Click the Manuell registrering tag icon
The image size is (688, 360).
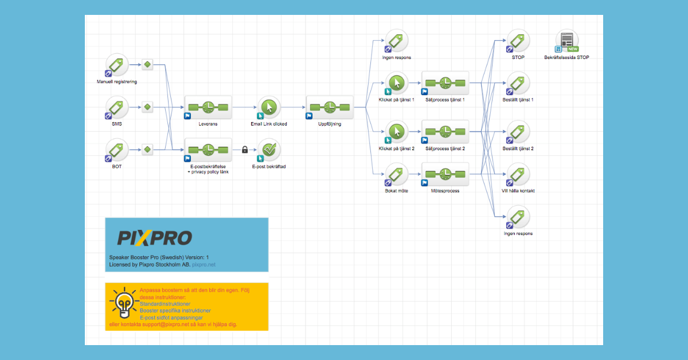118,64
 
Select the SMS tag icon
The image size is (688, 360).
118,107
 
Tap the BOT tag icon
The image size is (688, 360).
118,150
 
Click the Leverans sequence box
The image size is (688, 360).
208,107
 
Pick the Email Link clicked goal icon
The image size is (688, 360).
269,107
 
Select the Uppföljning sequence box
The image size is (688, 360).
330,107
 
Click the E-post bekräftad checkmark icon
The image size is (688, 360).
269,150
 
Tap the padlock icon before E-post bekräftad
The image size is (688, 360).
245,150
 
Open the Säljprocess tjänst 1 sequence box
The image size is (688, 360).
445,83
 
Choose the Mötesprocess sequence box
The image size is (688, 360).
445,174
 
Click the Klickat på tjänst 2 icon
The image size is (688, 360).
397,132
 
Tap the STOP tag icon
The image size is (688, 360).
518,40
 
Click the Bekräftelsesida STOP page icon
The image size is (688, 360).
566,41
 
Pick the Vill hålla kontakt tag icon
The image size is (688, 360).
518,174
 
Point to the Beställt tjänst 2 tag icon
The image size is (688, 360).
518,132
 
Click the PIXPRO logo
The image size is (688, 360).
154,238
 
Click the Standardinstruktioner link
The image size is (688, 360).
165,304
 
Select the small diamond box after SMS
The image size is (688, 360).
147,107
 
